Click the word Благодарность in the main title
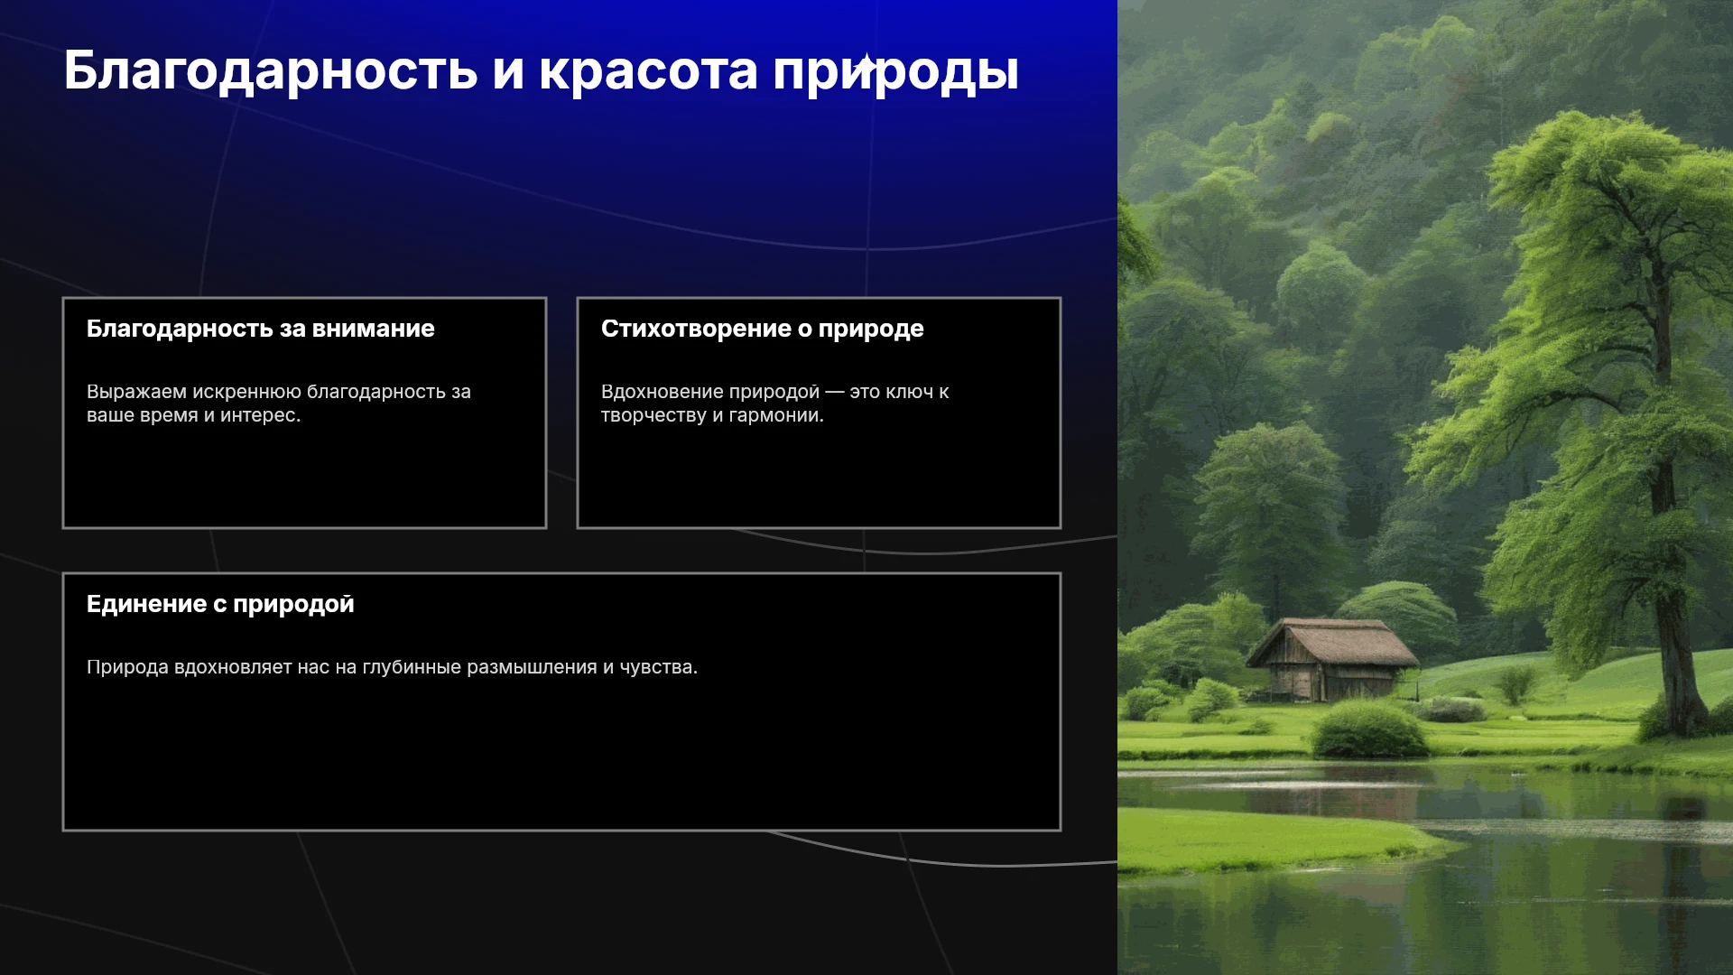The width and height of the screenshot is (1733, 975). click(x=271, y=70)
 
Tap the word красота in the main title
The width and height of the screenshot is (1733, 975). click(x=648, y=72)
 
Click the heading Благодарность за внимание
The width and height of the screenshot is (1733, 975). click(x=261, y=329)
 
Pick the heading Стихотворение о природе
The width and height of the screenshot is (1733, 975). click(x=763, y=330)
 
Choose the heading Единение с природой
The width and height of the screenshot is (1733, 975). click(x=220, y=605)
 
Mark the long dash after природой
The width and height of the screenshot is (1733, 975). click(x=835, y=393)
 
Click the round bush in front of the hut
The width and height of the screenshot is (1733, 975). click(x=1368, y=729)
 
